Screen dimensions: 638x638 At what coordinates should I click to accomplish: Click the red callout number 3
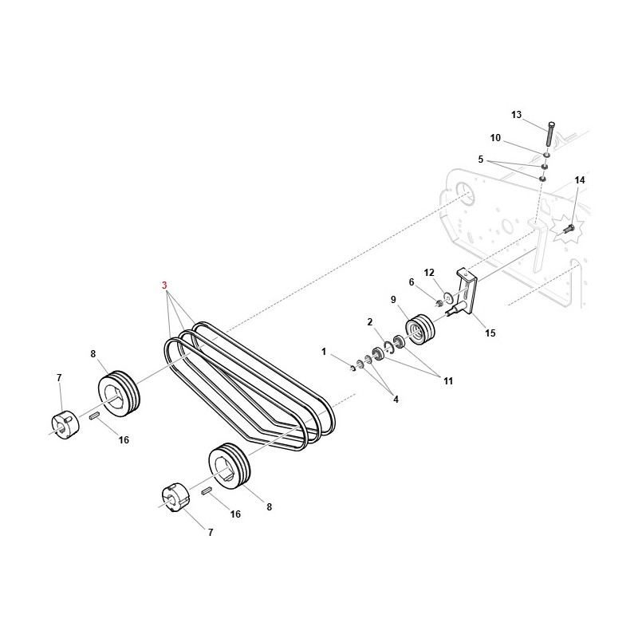(x=164, y=286)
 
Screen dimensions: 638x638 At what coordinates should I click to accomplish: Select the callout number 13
(x=516, y=115)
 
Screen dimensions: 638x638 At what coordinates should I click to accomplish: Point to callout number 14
(x=580, y=180)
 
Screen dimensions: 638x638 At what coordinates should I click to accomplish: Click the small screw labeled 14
(x=569, y=229)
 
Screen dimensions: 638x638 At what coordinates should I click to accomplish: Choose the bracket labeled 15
(x=466, y=291)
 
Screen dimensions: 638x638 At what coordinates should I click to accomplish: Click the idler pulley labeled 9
(x=420, y=329)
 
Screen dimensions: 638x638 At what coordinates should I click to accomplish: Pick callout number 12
(x=429, y=273)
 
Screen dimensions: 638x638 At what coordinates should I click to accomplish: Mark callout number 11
(x=448, y=381)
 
